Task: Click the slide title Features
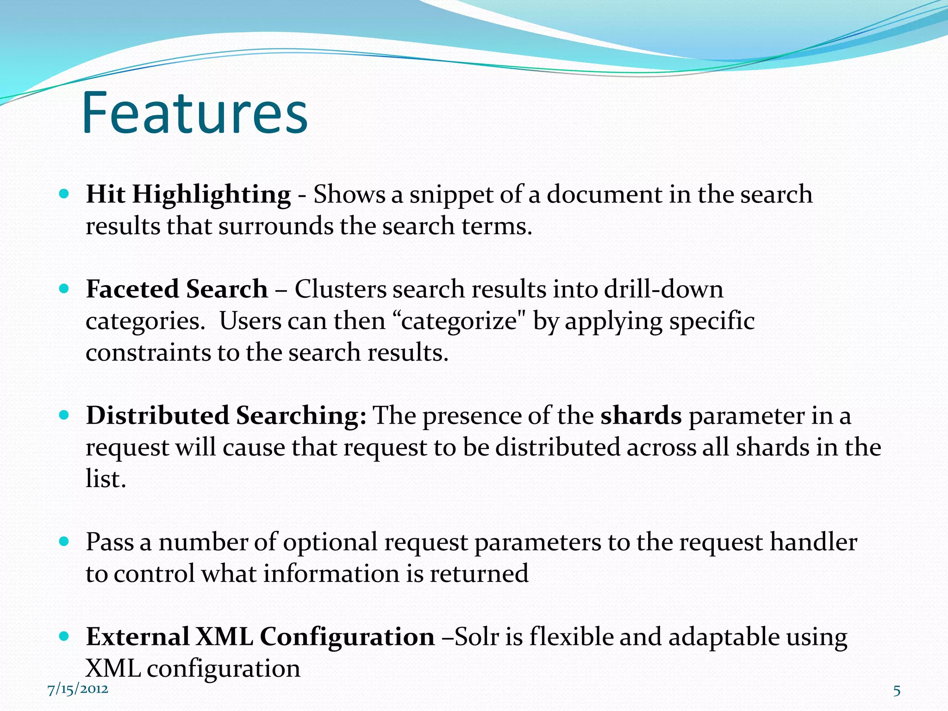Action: click(194, 113)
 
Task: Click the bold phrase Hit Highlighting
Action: click(188, 194)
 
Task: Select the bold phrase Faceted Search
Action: click(177, 289)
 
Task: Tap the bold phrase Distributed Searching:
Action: click(226, 415)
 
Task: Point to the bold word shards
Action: click(641, 415)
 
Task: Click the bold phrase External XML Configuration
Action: click(260, 636)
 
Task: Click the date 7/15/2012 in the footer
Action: click(78, 689)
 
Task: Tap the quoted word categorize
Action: click(459, 321)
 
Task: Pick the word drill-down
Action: click(663, 289)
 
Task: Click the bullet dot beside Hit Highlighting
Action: click(64, 193)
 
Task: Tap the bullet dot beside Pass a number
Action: click(64, 541)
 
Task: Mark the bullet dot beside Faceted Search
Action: click(64, 289)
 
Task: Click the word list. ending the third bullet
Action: click(106, 479)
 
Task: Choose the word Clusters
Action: click(340, 289)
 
